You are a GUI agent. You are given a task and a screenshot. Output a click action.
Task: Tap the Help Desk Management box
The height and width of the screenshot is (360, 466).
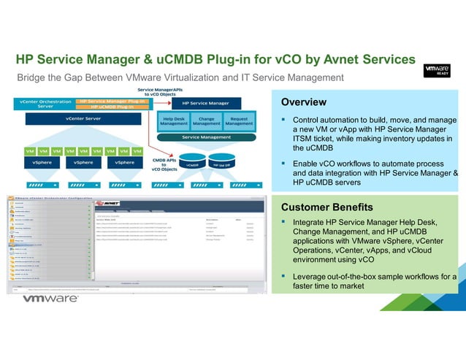tap(174, 121)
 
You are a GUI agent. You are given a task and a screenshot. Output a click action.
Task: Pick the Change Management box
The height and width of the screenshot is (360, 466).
tap(206, 121)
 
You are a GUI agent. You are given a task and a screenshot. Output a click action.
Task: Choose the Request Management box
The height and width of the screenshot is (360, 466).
tap(238, 121)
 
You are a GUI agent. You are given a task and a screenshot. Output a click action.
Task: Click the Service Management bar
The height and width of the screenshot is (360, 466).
tap(206, 137)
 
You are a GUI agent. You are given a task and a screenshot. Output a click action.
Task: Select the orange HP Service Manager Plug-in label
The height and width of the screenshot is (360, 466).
tap(112, 101)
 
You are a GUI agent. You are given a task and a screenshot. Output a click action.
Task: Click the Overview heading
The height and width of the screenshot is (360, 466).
tap(304, 102)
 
